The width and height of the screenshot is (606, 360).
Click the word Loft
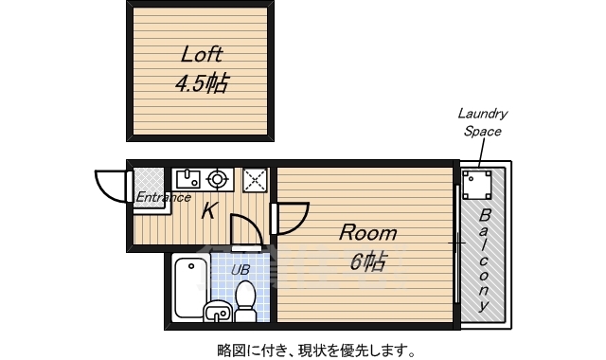[202, 55]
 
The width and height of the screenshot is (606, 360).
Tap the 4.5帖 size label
[202, 82]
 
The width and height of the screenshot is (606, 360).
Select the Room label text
[368, 233]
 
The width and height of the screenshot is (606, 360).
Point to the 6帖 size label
[367, 261]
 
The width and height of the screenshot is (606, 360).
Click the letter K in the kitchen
[208, 211]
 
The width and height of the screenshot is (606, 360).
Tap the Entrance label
[163, 198]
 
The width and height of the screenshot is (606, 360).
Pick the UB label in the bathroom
[241, 269]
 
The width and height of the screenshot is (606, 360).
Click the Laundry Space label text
[483, 122]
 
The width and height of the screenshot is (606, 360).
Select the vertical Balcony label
[484, 260]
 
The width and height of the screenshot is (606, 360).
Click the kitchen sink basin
[188, 179]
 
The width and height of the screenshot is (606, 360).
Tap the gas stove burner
[216, 179]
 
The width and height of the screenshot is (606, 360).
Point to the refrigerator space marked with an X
[255, 180]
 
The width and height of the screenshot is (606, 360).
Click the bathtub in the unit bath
[190, 287]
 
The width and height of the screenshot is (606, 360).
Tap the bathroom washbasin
[218, 311]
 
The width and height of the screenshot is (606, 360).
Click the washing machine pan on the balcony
[477, 185]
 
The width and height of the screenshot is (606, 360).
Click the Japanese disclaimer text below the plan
[316, 350]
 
